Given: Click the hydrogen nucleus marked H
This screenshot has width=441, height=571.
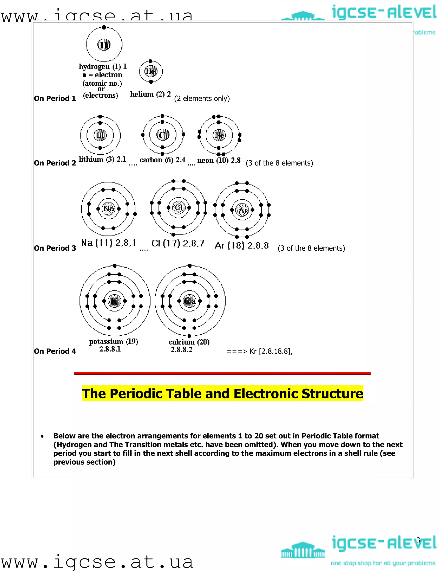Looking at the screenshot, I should click(104, 45).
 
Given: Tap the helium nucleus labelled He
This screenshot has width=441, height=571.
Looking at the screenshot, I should click(151, 71).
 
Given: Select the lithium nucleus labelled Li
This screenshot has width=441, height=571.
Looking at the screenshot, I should click(100, 135).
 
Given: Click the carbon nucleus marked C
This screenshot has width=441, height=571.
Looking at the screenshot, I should click(163, 135).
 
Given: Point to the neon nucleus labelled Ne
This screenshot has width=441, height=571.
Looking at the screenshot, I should click(219, 135).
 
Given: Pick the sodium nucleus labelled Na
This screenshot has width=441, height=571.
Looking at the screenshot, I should click(109, 208).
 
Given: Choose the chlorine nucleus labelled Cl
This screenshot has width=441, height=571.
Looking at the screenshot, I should click(179, 207).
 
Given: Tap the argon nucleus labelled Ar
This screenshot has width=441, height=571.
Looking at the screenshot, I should click(242, 210).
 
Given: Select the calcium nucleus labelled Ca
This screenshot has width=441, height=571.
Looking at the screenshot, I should click(189, 301).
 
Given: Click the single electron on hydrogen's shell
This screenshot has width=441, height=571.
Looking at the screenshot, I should click(104, 27).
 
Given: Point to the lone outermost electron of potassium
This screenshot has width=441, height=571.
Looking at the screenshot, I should click(115, 266).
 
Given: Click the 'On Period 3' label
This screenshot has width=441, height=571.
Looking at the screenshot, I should click(55, 248).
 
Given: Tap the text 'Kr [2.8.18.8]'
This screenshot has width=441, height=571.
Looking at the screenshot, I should click(271, 351).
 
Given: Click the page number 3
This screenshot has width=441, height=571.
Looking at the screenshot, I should click(418, 540).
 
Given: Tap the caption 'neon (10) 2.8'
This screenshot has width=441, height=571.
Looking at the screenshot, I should click(219, 160).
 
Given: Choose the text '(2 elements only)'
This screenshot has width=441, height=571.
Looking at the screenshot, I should click(202, 98).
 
